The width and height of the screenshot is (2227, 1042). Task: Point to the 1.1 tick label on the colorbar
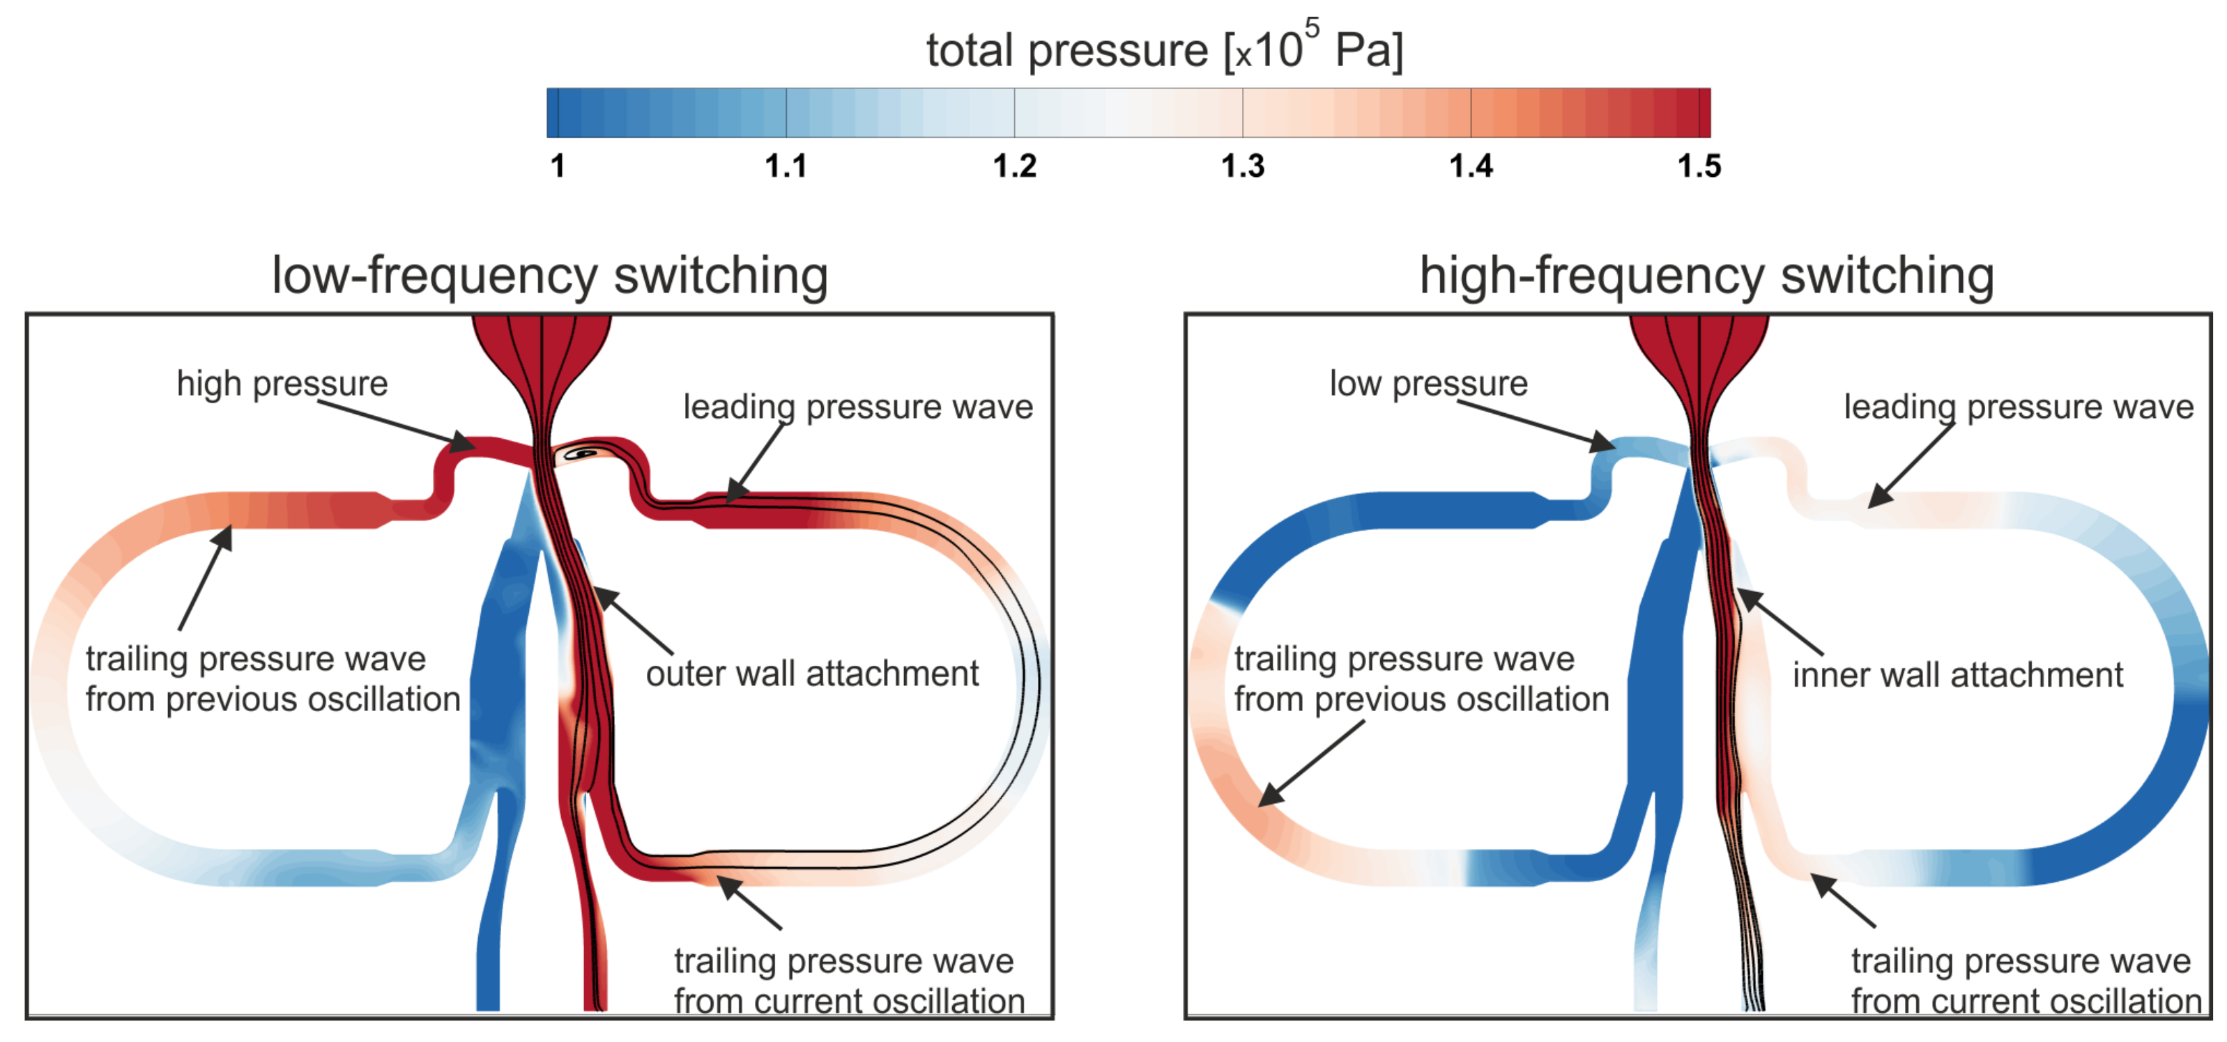coord(785,166)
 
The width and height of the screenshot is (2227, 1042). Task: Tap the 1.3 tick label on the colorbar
coord(1242,166)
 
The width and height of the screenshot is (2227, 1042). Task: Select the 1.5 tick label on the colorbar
coord(1699,166)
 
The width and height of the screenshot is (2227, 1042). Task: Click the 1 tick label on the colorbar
coord(558,166)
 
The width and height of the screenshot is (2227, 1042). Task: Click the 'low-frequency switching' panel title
coord(550,276)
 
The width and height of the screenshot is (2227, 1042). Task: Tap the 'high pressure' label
coord(282,384)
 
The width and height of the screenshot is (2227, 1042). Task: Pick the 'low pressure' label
coord(1428,384)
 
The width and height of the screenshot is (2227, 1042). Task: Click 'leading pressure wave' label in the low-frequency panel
coord(857,407)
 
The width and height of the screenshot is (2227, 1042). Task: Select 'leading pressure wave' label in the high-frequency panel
coord(2019,407)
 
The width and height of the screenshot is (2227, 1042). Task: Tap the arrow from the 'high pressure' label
coord(398,424)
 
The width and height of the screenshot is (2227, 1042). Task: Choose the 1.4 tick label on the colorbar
coord(1471,166)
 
